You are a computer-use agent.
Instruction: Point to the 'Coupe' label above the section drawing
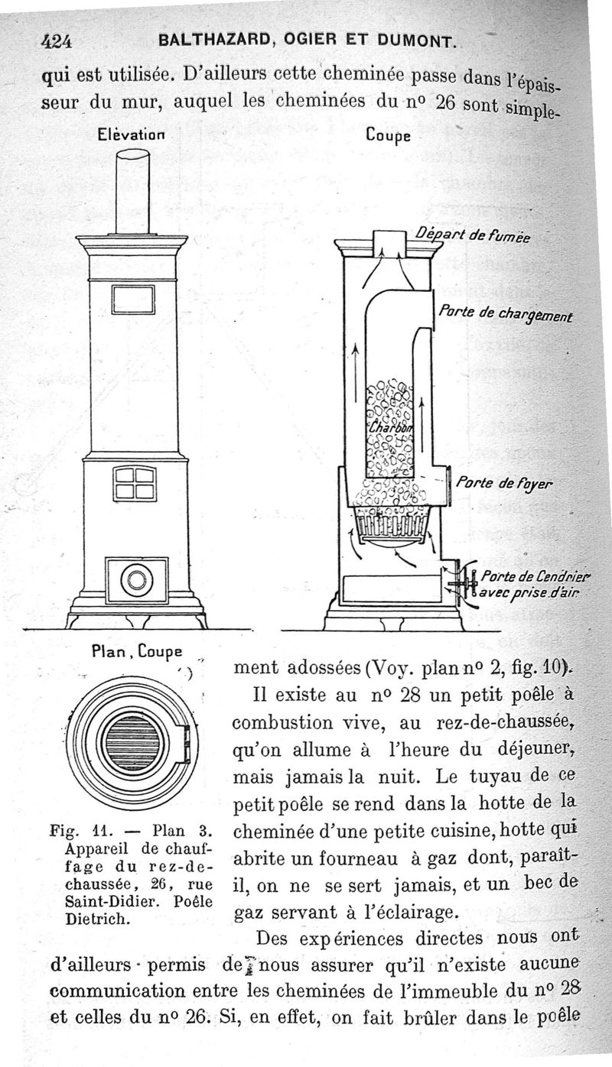pyautogui.click(x=389, y=135)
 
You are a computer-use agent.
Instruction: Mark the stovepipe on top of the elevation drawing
pyautogui.click(x=132, y=191)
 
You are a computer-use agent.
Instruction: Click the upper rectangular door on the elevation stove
pyautogui.click(x=132, y=299)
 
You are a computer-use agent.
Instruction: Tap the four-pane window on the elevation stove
pyautogui.click(x=135, y=483)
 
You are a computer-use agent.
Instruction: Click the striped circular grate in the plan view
pyautogui.click(x=132, y=742)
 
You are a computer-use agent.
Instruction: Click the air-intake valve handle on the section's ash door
pyautogui.click(x=462, y=587)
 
